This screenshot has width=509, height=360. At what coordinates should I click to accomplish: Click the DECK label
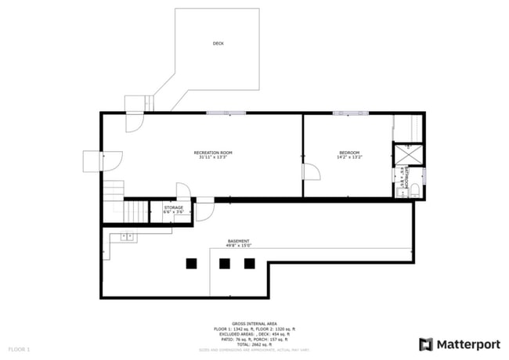[x=218, y=44]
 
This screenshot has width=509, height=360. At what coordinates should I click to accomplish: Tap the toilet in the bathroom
[x=415, y=190]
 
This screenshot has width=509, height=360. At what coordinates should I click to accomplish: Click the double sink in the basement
[x=125, y=236]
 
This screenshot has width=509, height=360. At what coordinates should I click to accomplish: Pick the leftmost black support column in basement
[x=191, y=264]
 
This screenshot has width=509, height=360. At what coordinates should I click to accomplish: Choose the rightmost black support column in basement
[x=249, y=264]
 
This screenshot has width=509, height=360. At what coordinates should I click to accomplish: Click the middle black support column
[x=225, y=264]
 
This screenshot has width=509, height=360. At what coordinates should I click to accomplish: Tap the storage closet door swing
[x=183, y=192]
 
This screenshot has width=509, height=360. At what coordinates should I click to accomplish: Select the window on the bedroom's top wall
[x=347, y=113]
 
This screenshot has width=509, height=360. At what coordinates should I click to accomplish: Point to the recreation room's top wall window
[x=224, y=113]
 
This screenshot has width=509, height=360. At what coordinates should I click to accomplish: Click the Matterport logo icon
[x=426, y=344]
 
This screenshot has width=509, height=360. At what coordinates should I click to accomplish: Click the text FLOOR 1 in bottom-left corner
[x=19, y=348]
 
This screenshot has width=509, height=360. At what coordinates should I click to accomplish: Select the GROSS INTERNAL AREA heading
[x=254, y=323]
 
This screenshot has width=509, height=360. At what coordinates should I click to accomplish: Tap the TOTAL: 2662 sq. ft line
[x=254, y=344]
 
